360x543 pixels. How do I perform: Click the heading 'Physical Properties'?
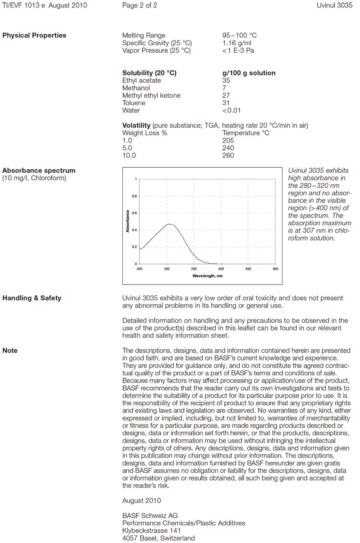click(x=34, y=35)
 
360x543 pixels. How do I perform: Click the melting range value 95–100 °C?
click(x=239, y=35)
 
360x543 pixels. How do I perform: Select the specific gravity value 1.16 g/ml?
click(x=237, y=43)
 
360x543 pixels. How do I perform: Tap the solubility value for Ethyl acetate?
click(x=226, y=80)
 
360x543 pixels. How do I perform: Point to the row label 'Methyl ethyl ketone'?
click(x=151, y=95)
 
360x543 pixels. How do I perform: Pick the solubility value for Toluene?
click(x=226, y=103)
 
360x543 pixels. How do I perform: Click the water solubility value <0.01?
click(x=232, y=110)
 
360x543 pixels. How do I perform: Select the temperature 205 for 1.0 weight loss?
click(x=228, y=140)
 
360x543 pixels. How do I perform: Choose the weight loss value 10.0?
click(x=129, y=155)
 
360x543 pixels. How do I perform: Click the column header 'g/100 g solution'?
click(x=249, y=73)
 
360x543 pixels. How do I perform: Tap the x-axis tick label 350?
click(x=194, y=269)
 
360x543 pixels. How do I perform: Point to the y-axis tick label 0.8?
click(x=134, y=196)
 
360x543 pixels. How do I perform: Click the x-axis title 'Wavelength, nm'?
click(x=207, y=276)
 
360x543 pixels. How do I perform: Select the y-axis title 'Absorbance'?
click(x=128, y=221)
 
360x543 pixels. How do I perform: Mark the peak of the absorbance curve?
click(x=170, y=224)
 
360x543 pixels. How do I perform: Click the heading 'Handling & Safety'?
click(x=32, y=298)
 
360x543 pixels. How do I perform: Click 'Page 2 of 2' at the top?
click(x=140, y=6)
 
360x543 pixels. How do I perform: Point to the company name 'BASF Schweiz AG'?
click(x=150, y=515)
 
